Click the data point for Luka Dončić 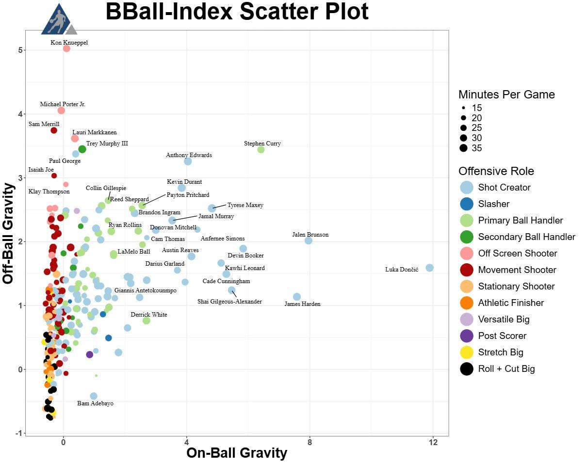click(x=429, y=268)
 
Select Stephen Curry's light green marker click(x=261, y=149)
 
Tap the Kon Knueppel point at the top click(x=66, y=48)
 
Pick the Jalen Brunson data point click(x=309, y=240)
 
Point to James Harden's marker click(x=297, y=297)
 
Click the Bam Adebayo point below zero click(x=94, y=396)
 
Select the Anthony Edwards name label click(x=189, y=155)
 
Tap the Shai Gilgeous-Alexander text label click(x=229, y=302)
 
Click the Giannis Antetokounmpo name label click(x=145, y=290)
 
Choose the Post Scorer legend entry click(x=502, y=336)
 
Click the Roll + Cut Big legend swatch click(x=467, y=368)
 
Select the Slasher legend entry click(x=494, y=204)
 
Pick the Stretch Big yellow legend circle click(x=467, y=352)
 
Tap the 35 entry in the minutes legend click(x=477, y=148)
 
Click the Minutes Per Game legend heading click(x=506, y=95)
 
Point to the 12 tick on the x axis click(x=433, y=442)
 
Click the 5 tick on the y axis click(x=20, y=50)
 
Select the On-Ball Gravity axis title click(x=237, y=453)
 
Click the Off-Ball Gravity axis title click(x=9, y=233)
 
